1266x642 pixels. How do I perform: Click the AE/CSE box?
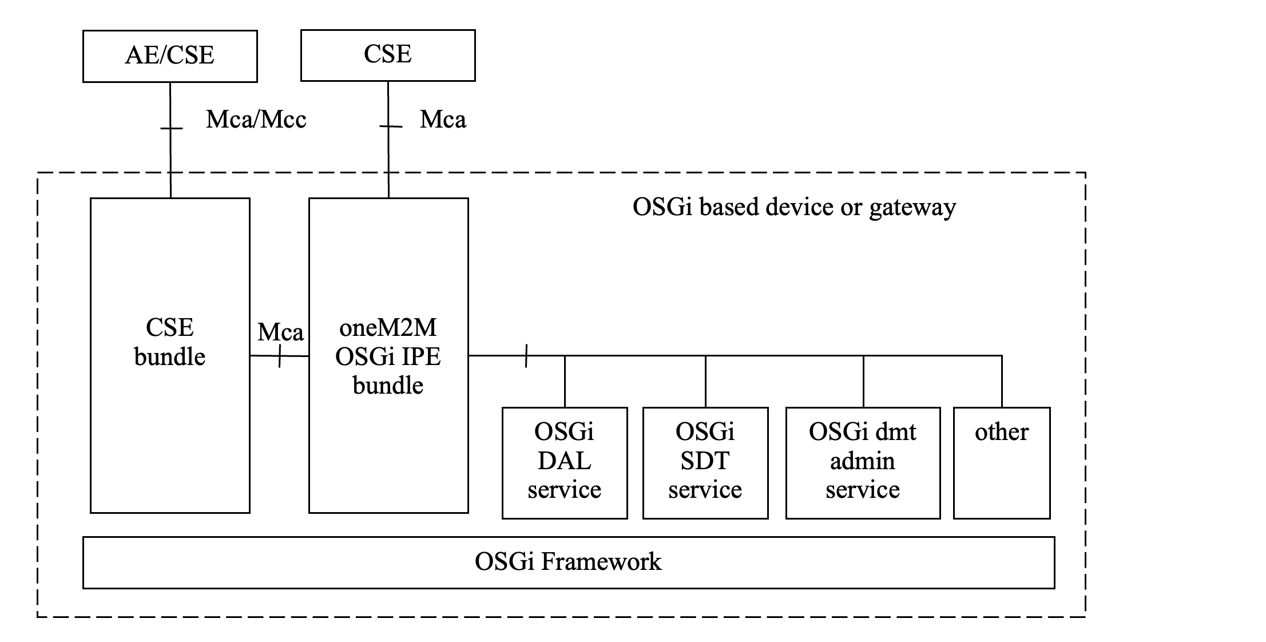170,56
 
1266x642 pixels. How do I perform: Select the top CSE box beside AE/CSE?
388,55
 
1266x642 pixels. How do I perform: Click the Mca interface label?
280,332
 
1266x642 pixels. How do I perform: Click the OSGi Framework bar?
569,562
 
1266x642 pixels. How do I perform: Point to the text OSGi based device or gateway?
794,207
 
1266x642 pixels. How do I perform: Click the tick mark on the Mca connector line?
279,356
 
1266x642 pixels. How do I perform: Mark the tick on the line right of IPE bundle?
526,356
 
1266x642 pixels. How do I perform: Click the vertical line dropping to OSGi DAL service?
565,382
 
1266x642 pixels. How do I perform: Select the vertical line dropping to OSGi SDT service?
705,382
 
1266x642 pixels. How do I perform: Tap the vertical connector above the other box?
1002,382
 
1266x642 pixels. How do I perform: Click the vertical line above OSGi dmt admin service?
863,382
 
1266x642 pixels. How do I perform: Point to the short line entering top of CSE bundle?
170,186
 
